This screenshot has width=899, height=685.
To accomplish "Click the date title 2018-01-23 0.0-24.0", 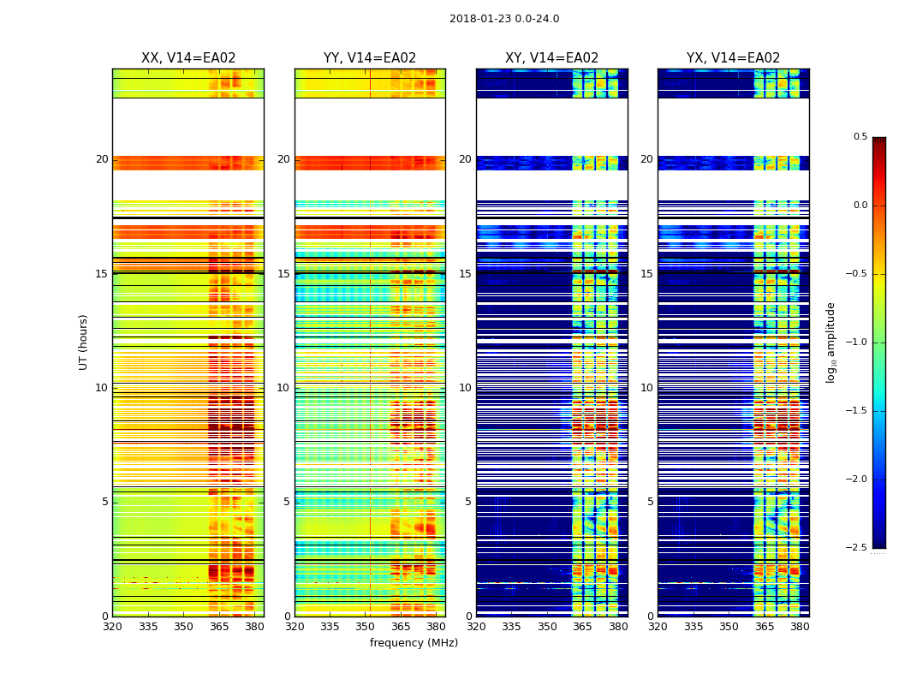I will click(504, 19).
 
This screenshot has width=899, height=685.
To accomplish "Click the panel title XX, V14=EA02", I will click(188, 58).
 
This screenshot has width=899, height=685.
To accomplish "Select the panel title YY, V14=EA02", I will click(370, 58).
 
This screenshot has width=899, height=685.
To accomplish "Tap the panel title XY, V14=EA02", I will click(551, 58).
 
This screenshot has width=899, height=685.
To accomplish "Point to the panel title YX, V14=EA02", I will click(733, 58).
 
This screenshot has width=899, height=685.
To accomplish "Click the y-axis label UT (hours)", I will click(84, 342).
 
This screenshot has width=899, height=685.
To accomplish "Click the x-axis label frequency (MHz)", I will click(414, 643).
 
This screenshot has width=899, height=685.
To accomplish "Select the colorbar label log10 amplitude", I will click(831, 342).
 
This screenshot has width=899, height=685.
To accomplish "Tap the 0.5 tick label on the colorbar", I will click(860, 137).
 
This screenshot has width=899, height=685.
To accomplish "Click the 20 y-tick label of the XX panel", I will click(102, 159).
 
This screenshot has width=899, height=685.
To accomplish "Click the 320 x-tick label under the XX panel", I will click(112, 627).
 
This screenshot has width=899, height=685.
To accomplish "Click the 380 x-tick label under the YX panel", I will click(800, 627).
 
